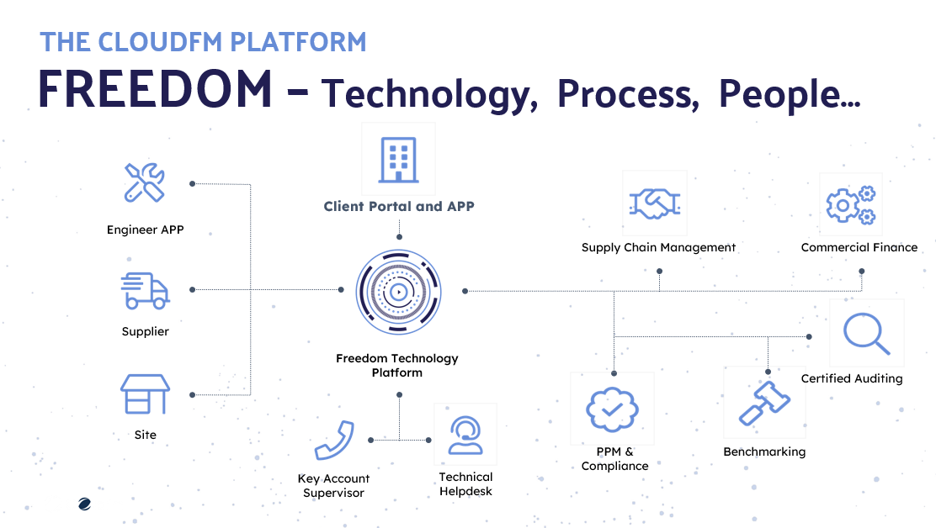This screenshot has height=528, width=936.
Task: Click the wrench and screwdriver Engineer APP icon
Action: pyautogui.click(x=145, y=182)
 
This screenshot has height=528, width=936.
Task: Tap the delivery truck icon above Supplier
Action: pyautogui.click(x=145, y=290)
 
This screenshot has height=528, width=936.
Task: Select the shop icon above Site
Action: pyautogui.click(x=145, y=393)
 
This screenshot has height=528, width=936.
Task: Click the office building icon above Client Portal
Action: pyautogui.click(x=398, y=160)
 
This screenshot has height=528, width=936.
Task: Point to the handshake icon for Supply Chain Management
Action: pyautogui.click(x=655, y=203)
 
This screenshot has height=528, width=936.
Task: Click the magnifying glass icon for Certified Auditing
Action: pyautogui.click(x=866, y=334)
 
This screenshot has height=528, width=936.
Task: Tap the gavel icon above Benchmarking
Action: pyautogui.click(x=763, y=404)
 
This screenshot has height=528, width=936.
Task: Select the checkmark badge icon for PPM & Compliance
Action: pyautogui.click(x=612, y=409)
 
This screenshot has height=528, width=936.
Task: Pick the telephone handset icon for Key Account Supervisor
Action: pyautogui.click(x=333, y=440)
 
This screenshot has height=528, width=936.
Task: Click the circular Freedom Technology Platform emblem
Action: pyautogui.click(x=398, y=291)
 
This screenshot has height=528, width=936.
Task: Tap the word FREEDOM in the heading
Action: pyautogui.click(x=155, y=88)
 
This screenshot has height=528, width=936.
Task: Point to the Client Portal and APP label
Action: pyautogui.click(x=399, y=206)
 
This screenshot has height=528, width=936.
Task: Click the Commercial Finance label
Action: pyautogui.click(x=859, y=247)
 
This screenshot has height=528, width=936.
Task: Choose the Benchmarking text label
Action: pyautogui.click(x=764, y=451)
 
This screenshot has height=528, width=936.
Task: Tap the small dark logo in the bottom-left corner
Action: pyautogui.click(x=83, y=504)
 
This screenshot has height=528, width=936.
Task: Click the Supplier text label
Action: pyautogui.click(x=145, y=331)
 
